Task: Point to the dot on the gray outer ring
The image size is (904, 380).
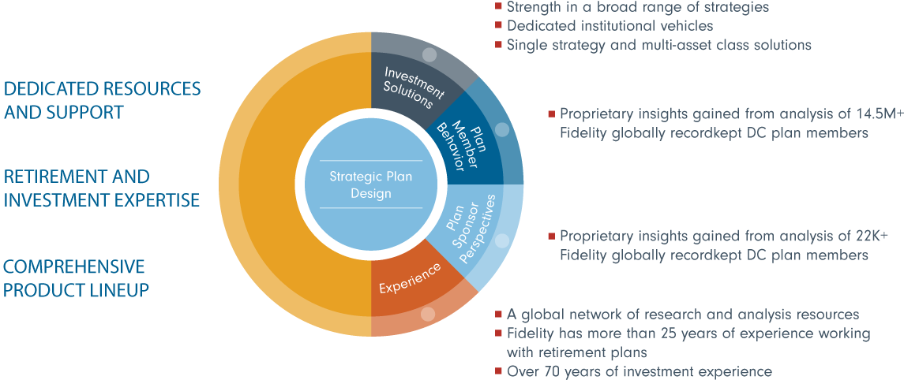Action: (x=429, y=55)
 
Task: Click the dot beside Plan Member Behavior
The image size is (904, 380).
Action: (x=501, y=129)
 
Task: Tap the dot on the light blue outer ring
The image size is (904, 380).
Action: (x=502, y=241)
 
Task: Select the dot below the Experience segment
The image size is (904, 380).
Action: (x=429, y=314)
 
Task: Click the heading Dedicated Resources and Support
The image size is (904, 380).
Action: (x=103, y=100)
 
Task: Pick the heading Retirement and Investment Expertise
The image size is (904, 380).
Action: (x=102, y=188)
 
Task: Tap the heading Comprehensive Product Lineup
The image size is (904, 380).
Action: (x=76, y=278)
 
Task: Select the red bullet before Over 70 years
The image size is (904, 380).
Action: (x=498, y=371)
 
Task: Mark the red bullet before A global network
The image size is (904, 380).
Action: (x=498, y=315)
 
